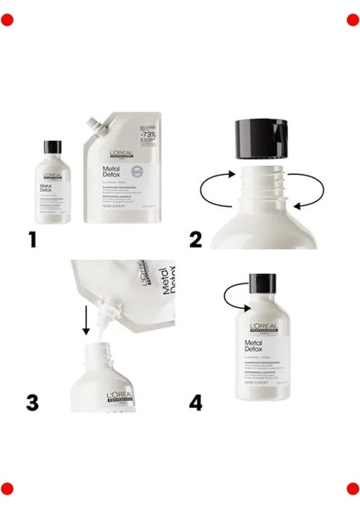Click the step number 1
33,240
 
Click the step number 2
196,240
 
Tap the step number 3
33,401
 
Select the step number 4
196,401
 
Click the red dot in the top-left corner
8,20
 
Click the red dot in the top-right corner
352,20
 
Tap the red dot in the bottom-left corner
8,488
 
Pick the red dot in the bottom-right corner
352,488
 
